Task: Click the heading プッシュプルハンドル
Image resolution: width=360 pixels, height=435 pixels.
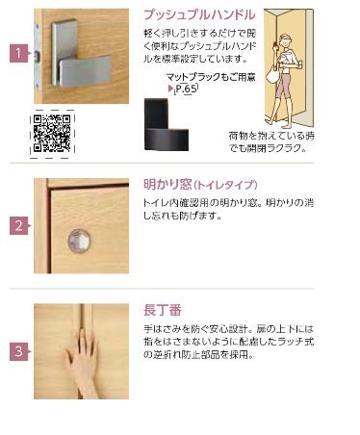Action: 199,14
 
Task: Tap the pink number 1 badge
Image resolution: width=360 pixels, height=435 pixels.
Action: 19,53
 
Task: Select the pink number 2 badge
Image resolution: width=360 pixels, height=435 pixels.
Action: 19,225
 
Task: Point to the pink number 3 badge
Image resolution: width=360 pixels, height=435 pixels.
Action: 19,351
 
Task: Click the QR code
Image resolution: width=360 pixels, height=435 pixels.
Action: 52,134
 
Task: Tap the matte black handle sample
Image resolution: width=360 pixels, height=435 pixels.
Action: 166,124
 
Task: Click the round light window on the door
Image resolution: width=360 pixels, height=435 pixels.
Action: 79,241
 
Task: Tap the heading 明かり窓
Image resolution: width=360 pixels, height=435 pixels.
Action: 167,185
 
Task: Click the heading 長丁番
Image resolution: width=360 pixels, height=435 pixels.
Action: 163,310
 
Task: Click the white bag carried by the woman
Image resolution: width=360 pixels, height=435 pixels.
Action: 273,75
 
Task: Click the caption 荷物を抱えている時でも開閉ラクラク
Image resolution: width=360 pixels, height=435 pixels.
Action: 271,142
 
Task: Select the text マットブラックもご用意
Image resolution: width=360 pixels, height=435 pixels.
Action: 211,77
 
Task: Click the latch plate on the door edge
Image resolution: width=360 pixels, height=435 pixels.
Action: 38,56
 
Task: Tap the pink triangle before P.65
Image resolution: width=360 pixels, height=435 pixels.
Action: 170,88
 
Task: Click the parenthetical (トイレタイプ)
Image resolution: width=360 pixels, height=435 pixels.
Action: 225,185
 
